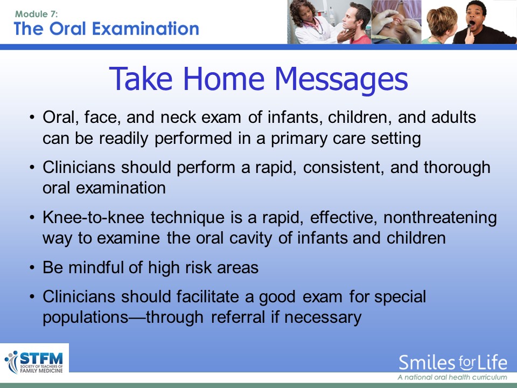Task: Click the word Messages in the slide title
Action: point(341,79)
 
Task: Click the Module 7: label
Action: point(36,14)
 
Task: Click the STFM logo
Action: point(34,362)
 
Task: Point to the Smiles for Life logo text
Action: point(453,362)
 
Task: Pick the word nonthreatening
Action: point(440,217)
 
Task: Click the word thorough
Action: point(457,167)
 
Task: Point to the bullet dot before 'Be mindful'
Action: point(32,268)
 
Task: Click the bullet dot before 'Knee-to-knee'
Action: point(32,218)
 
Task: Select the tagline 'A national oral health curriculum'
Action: point(452,377)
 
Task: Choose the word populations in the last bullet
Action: point(86,317)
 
